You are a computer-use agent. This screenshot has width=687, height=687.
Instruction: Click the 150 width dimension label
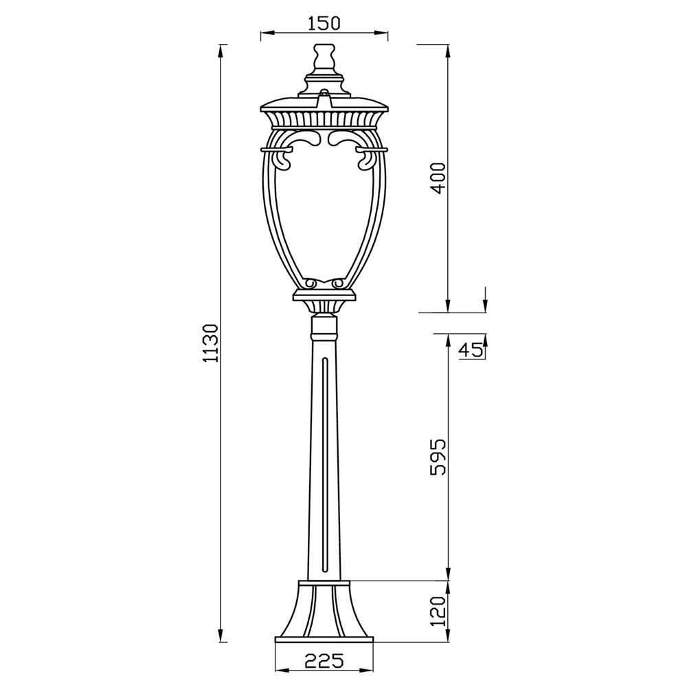point(324,23)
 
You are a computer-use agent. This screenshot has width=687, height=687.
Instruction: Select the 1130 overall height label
point(211,343)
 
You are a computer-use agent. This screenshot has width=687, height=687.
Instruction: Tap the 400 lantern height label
point(438,179)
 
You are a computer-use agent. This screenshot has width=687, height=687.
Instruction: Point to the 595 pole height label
point(438,457)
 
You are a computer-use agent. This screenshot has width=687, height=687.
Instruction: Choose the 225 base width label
point(324,660)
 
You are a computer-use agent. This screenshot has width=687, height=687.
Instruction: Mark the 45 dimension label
point(471,350)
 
